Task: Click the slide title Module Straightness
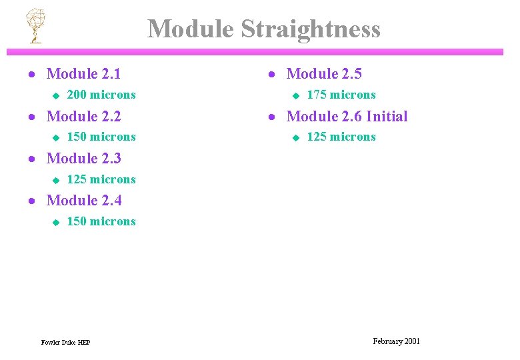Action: (x=264, y=29)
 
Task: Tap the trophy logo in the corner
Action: (x=34, y=25)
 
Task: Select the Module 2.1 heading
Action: (x=83, y=74)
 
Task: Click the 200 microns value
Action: (x=101, y=95)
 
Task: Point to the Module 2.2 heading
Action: (x=83, y=116)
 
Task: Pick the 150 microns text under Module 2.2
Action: (x=101, y=137)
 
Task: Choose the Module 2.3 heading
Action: (x=83, y=158)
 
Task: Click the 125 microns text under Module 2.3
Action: (x=101, y=179)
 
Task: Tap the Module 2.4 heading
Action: (x=83, y=200)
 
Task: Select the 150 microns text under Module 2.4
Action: (x=101, y=221)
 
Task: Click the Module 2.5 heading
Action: (x=323, y=74)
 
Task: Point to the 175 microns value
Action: (x=341, y=95)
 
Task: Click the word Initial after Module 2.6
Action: (x=386, y=116)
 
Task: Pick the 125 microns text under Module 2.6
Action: (x=341, y=137)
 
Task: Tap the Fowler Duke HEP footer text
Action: (x=65, y=343)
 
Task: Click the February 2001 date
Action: (x=397, y=341)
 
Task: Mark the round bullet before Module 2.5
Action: (x=271, y=75)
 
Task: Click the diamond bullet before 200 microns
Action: (x=56, y=95)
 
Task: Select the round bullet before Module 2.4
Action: (x=31, y=201)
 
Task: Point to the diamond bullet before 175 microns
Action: (x=296, y=95)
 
